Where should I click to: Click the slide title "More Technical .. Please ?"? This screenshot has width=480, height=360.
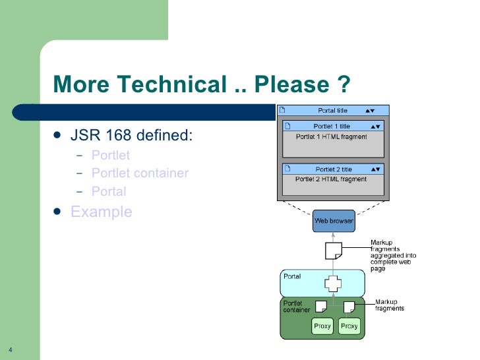(200, 85)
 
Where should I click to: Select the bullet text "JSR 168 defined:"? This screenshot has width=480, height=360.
(131, 136)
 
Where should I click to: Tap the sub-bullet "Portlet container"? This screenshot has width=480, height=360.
(140, 173)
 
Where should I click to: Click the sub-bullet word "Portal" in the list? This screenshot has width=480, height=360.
(109, 192)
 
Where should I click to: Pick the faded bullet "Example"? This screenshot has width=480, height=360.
(102, 212)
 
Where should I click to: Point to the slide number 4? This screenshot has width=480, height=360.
(11, 349)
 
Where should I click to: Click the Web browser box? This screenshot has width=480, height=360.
(333, 221)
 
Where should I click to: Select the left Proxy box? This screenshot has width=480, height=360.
(322, 326)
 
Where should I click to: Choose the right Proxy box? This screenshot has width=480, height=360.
(349, 326)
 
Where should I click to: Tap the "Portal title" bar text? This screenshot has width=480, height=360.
(332, 111)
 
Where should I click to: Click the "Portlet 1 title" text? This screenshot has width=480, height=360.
(332, 126)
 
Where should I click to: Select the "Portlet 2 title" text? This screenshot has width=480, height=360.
(333, 169)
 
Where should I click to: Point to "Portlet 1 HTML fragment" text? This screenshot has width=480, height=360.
(331, 136)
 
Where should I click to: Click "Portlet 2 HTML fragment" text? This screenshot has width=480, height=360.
(331, 179)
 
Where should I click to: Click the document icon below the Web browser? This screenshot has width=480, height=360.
(334, 251)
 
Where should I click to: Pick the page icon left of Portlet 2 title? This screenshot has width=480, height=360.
(287, 169)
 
